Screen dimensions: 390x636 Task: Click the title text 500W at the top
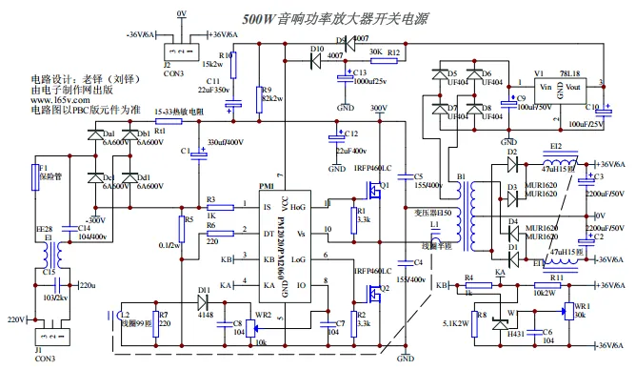[x=259, y=18]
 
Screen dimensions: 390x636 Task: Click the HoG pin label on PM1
[x=298, y=205]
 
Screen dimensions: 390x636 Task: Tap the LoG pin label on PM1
[x=298, y=258]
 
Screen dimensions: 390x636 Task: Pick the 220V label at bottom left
[x=15, y=319]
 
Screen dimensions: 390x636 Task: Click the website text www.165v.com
[x=60, y=99]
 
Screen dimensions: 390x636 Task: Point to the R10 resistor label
[x=225, y=56]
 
